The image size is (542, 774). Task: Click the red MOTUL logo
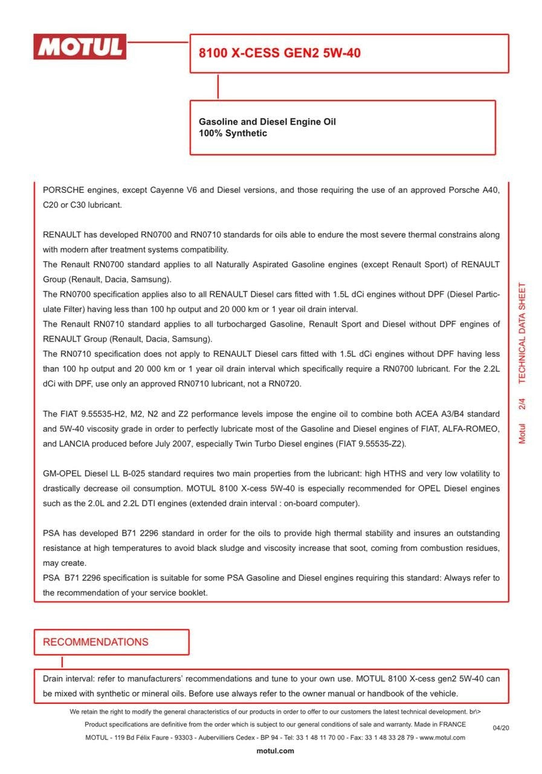pos(80,47)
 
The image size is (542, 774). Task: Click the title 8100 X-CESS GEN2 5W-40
pos(280,53)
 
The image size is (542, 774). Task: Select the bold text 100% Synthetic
pos(233,134)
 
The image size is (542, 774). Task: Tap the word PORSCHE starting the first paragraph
pos(63,190)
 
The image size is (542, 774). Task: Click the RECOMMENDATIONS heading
pos(95,642)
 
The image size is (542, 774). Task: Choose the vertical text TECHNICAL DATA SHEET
pos(522,333)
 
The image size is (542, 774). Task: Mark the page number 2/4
pos(522,404)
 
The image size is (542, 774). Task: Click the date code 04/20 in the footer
pos(501,727)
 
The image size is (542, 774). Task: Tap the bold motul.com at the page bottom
pos(275,751)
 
